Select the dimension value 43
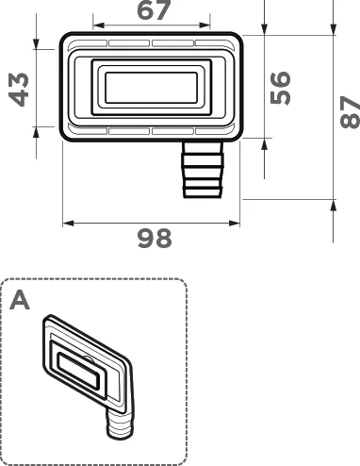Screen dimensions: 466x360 (17, 87)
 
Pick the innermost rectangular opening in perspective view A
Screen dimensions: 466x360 (80, 371)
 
